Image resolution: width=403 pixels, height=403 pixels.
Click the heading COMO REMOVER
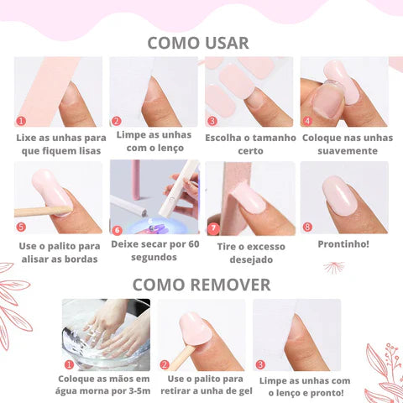[x=201, y=285]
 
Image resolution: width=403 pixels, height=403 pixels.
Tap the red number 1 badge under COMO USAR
[x=22, y=121]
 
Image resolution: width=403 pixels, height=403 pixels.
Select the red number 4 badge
[x=307, y=121]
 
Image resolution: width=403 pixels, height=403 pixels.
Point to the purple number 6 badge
[x=118, y=228]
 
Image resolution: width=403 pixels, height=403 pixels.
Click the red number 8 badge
[x=307, y=227]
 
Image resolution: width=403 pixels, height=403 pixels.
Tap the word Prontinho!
[x=343, y=244]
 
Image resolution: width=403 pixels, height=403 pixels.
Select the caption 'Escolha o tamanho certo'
[x=249, y=144]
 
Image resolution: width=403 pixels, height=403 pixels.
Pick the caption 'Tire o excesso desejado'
[x=249, y=253]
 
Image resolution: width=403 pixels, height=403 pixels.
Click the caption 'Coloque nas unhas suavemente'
[x=347, y=144]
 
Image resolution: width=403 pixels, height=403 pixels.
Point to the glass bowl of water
[x=106, y=336]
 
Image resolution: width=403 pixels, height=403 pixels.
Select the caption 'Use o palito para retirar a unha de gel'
[x=201, y=385]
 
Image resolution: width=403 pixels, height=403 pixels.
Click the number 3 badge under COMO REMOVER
[x=260, y=364]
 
